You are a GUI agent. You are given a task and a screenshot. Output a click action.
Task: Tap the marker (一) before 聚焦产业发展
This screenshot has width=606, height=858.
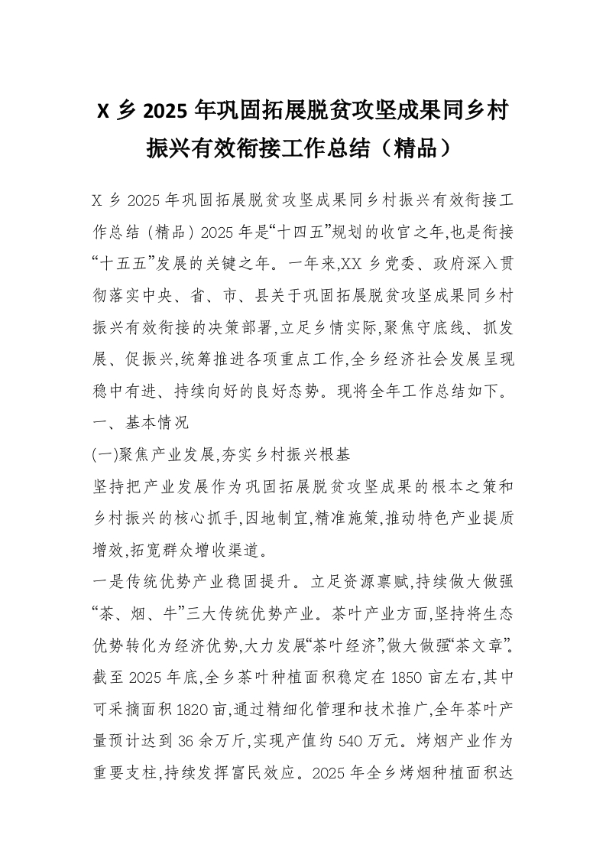coord(103,454)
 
